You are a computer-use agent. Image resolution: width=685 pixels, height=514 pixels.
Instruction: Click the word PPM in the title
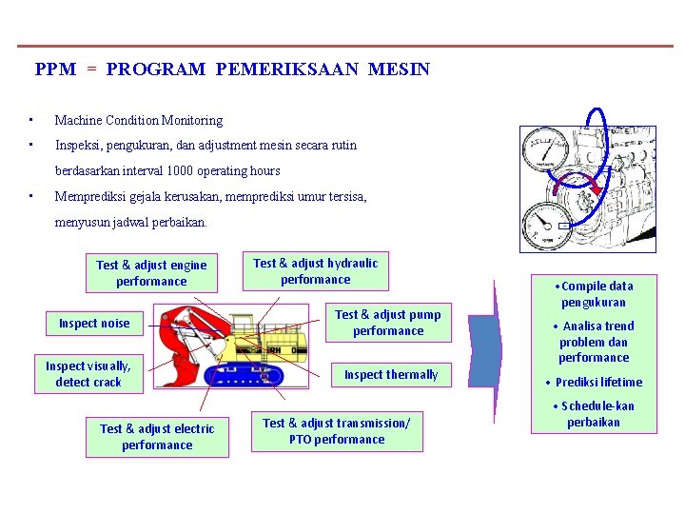[55, 69]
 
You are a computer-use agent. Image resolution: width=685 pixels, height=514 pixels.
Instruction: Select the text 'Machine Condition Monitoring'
[138, 121]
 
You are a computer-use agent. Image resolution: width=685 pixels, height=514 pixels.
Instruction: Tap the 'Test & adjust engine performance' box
[151, 273]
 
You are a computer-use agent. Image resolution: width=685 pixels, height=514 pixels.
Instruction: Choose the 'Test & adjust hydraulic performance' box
[315, 271]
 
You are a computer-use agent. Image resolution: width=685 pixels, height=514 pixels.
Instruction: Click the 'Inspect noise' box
[94, 324]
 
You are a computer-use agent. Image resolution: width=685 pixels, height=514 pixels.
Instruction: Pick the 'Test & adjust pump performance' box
[387, 323]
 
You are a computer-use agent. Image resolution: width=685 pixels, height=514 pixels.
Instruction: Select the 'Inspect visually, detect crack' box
[88, 374]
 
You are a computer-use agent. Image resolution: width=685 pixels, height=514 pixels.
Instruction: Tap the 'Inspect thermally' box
[390, 375]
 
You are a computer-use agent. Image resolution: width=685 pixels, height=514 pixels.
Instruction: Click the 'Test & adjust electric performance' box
[157, 437]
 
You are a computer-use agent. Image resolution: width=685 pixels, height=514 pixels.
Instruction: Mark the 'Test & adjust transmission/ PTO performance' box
[337, 431]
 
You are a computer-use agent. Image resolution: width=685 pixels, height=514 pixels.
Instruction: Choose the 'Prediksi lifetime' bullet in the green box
[594, 383]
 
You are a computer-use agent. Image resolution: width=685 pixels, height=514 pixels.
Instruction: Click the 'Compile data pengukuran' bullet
[594, 294]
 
